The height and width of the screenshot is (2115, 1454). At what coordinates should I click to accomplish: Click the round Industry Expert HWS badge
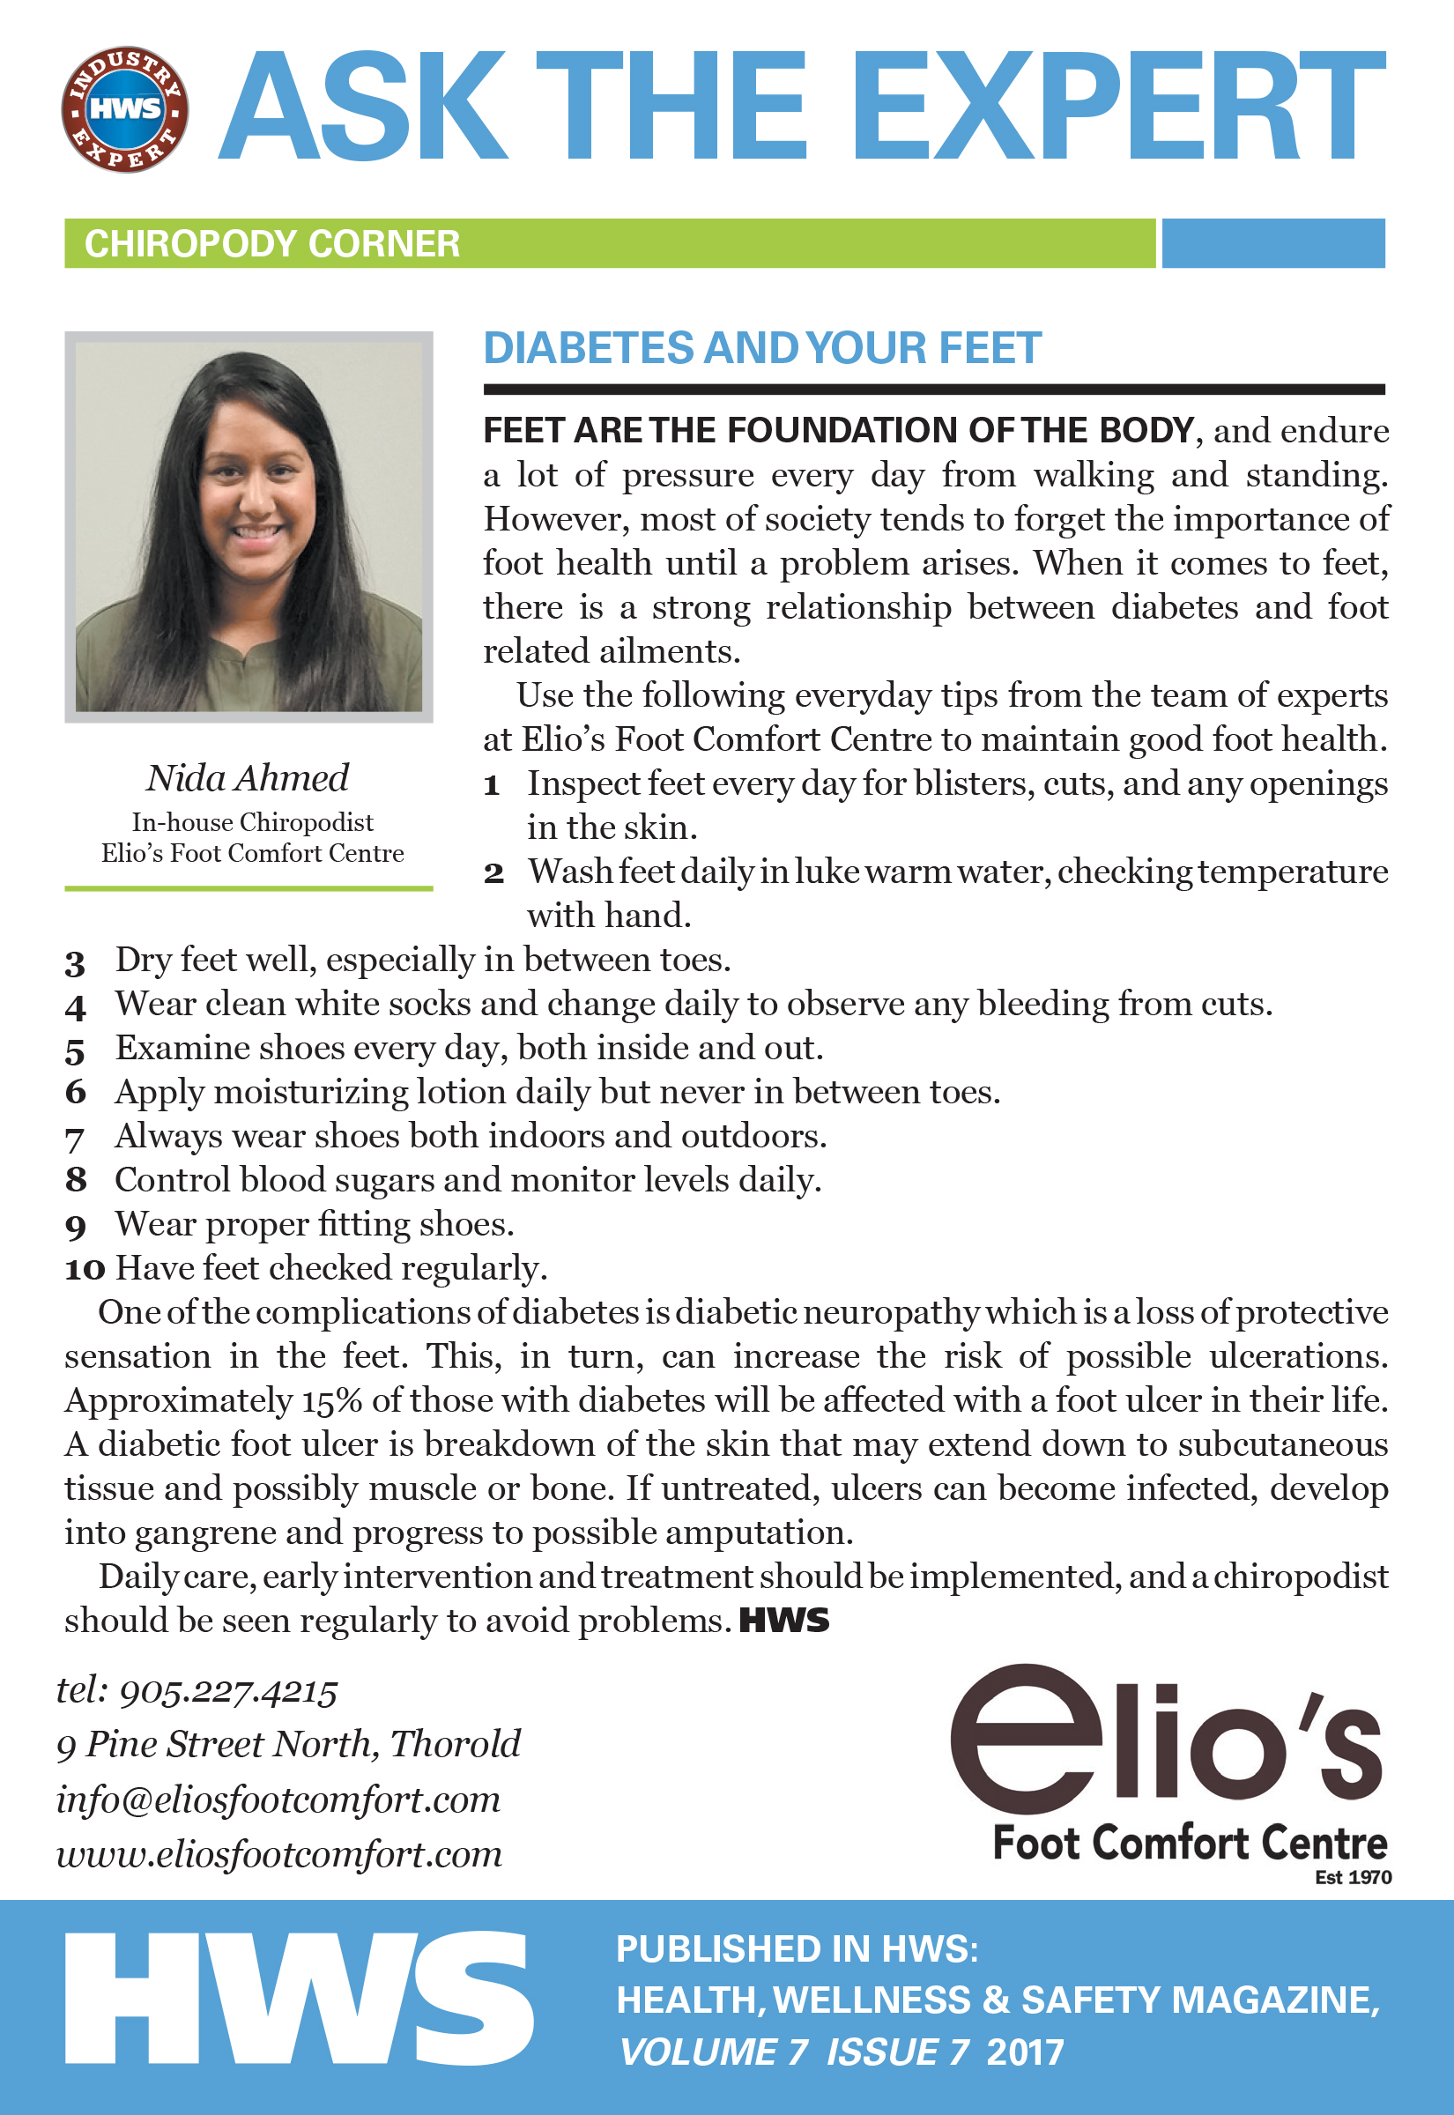coord(125,109)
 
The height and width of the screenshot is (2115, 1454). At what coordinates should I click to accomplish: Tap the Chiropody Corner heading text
coord(271,244)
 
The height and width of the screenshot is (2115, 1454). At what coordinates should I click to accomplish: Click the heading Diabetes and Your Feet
coord(761,348)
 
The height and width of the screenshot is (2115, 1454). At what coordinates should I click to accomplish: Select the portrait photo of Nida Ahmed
coord(249,526)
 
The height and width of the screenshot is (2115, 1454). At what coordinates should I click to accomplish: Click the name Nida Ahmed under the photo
coord(248,778)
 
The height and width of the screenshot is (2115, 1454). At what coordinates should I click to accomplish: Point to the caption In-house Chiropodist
coord(252,822)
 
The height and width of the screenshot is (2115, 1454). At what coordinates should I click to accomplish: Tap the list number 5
coord(75,1050)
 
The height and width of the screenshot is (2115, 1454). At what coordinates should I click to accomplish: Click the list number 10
coord(85,1269)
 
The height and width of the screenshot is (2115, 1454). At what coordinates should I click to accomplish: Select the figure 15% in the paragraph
coord(331,1401)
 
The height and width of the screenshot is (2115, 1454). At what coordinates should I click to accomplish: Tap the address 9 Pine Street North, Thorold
coord(288,1744)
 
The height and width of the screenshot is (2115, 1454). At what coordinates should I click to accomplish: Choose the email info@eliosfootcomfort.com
coord(278,1800)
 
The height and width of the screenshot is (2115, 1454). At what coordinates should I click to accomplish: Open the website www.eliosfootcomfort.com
coord(278,1854)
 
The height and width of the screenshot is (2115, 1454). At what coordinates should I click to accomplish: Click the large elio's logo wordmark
coord(1166,1740)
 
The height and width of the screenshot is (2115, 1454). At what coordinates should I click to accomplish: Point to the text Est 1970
coord(1353,1877)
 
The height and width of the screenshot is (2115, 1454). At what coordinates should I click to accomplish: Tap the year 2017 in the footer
coord(1025,2053)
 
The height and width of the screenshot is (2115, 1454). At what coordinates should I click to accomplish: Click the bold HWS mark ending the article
coord(783,1621)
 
